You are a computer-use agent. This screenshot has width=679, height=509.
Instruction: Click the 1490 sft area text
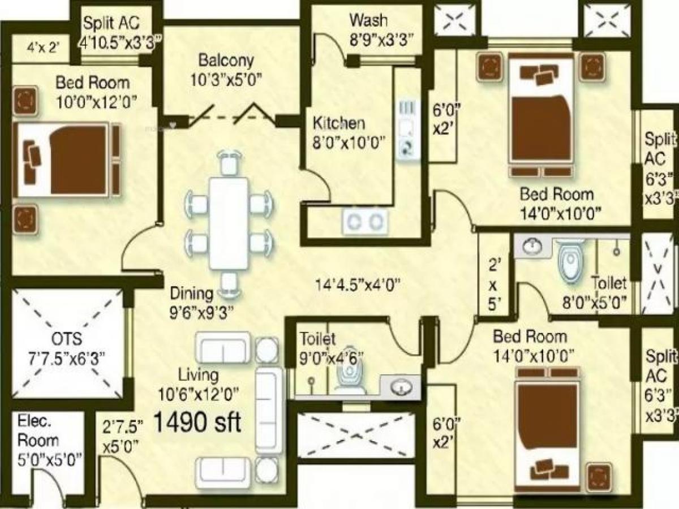(197, 422)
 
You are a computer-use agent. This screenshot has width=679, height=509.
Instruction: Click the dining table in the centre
(229, 223)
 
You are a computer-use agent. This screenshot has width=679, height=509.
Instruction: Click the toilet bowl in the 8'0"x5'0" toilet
(569, 262)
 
